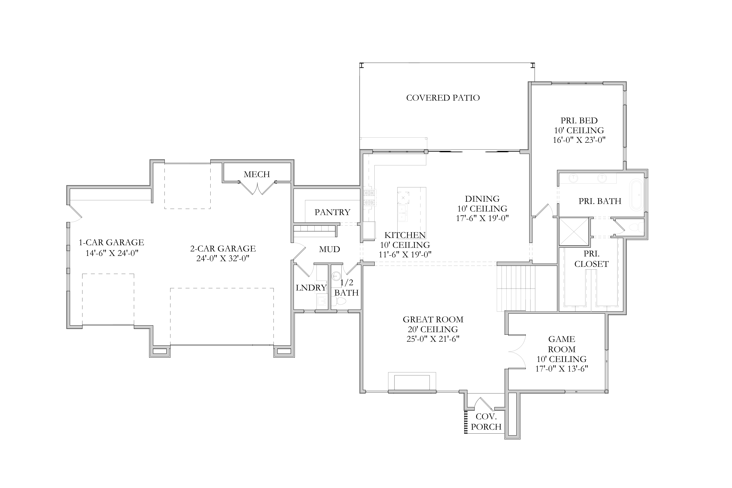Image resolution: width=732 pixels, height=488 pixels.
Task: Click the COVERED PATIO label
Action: click(x=443, y=98)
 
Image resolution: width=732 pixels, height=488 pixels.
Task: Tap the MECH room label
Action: click(x=257, y=174)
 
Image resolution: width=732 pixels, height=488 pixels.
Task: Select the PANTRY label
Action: click(x=332, y=212)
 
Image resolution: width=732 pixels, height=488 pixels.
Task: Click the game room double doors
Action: click(x=517, y=352)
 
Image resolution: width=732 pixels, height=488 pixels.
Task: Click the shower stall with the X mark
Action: click(x=574, y=232)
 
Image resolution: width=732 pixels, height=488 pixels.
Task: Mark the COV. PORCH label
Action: click(x=486, y=422)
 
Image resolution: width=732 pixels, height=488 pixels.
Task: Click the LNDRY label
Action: click(x=311, y=288)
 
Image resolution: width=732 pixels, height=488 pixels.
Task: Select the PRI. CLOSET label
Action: click(x=591, y=259)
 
